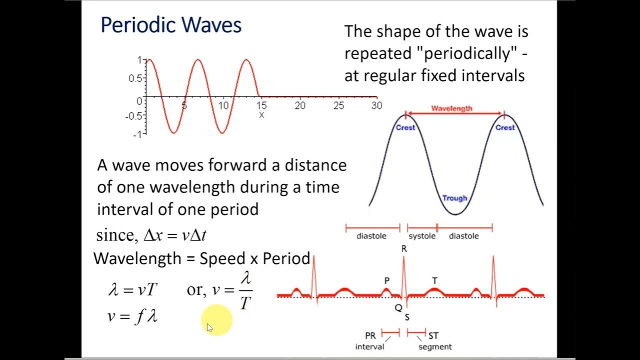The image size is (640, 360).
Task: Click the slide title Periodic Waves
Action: [171, 25]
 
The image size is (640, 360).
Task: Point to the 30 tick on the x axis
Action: [376, 105]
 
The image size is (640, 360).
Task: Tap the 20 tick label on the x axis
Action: [300, 105]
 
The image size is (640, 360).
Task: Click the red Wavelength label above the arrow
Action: [451, 108]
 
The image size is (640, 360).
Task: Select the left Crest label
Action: [405, 127]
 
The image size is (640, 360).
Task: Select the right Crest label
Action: [504, 127]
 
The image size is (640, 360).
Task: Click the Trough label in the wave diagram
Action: [454, 198]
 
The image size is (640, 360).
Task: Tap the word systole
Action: [422, 236]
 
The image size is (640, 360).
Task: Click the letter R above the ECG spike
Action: [404, 248]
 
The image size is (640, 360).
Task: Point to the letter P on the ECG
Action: [386, 281]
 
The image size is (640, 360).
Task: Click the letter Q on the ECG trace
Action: [398, 308]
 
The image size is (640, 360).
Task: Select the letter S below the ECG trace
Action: [407, 317]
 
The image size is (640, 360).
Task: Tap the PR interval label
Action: [370, 341]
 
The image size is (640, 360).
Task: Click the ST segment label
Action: [434, 341]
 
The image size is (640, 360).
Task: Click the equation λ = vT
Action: [133, 289]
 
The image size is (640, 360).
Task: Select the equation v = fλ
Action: [132, 316]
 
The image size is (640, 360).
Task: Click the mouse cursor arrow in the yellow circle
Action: [210, 327]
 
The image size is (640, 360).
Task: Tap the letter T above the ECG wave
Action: [434, 281]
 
